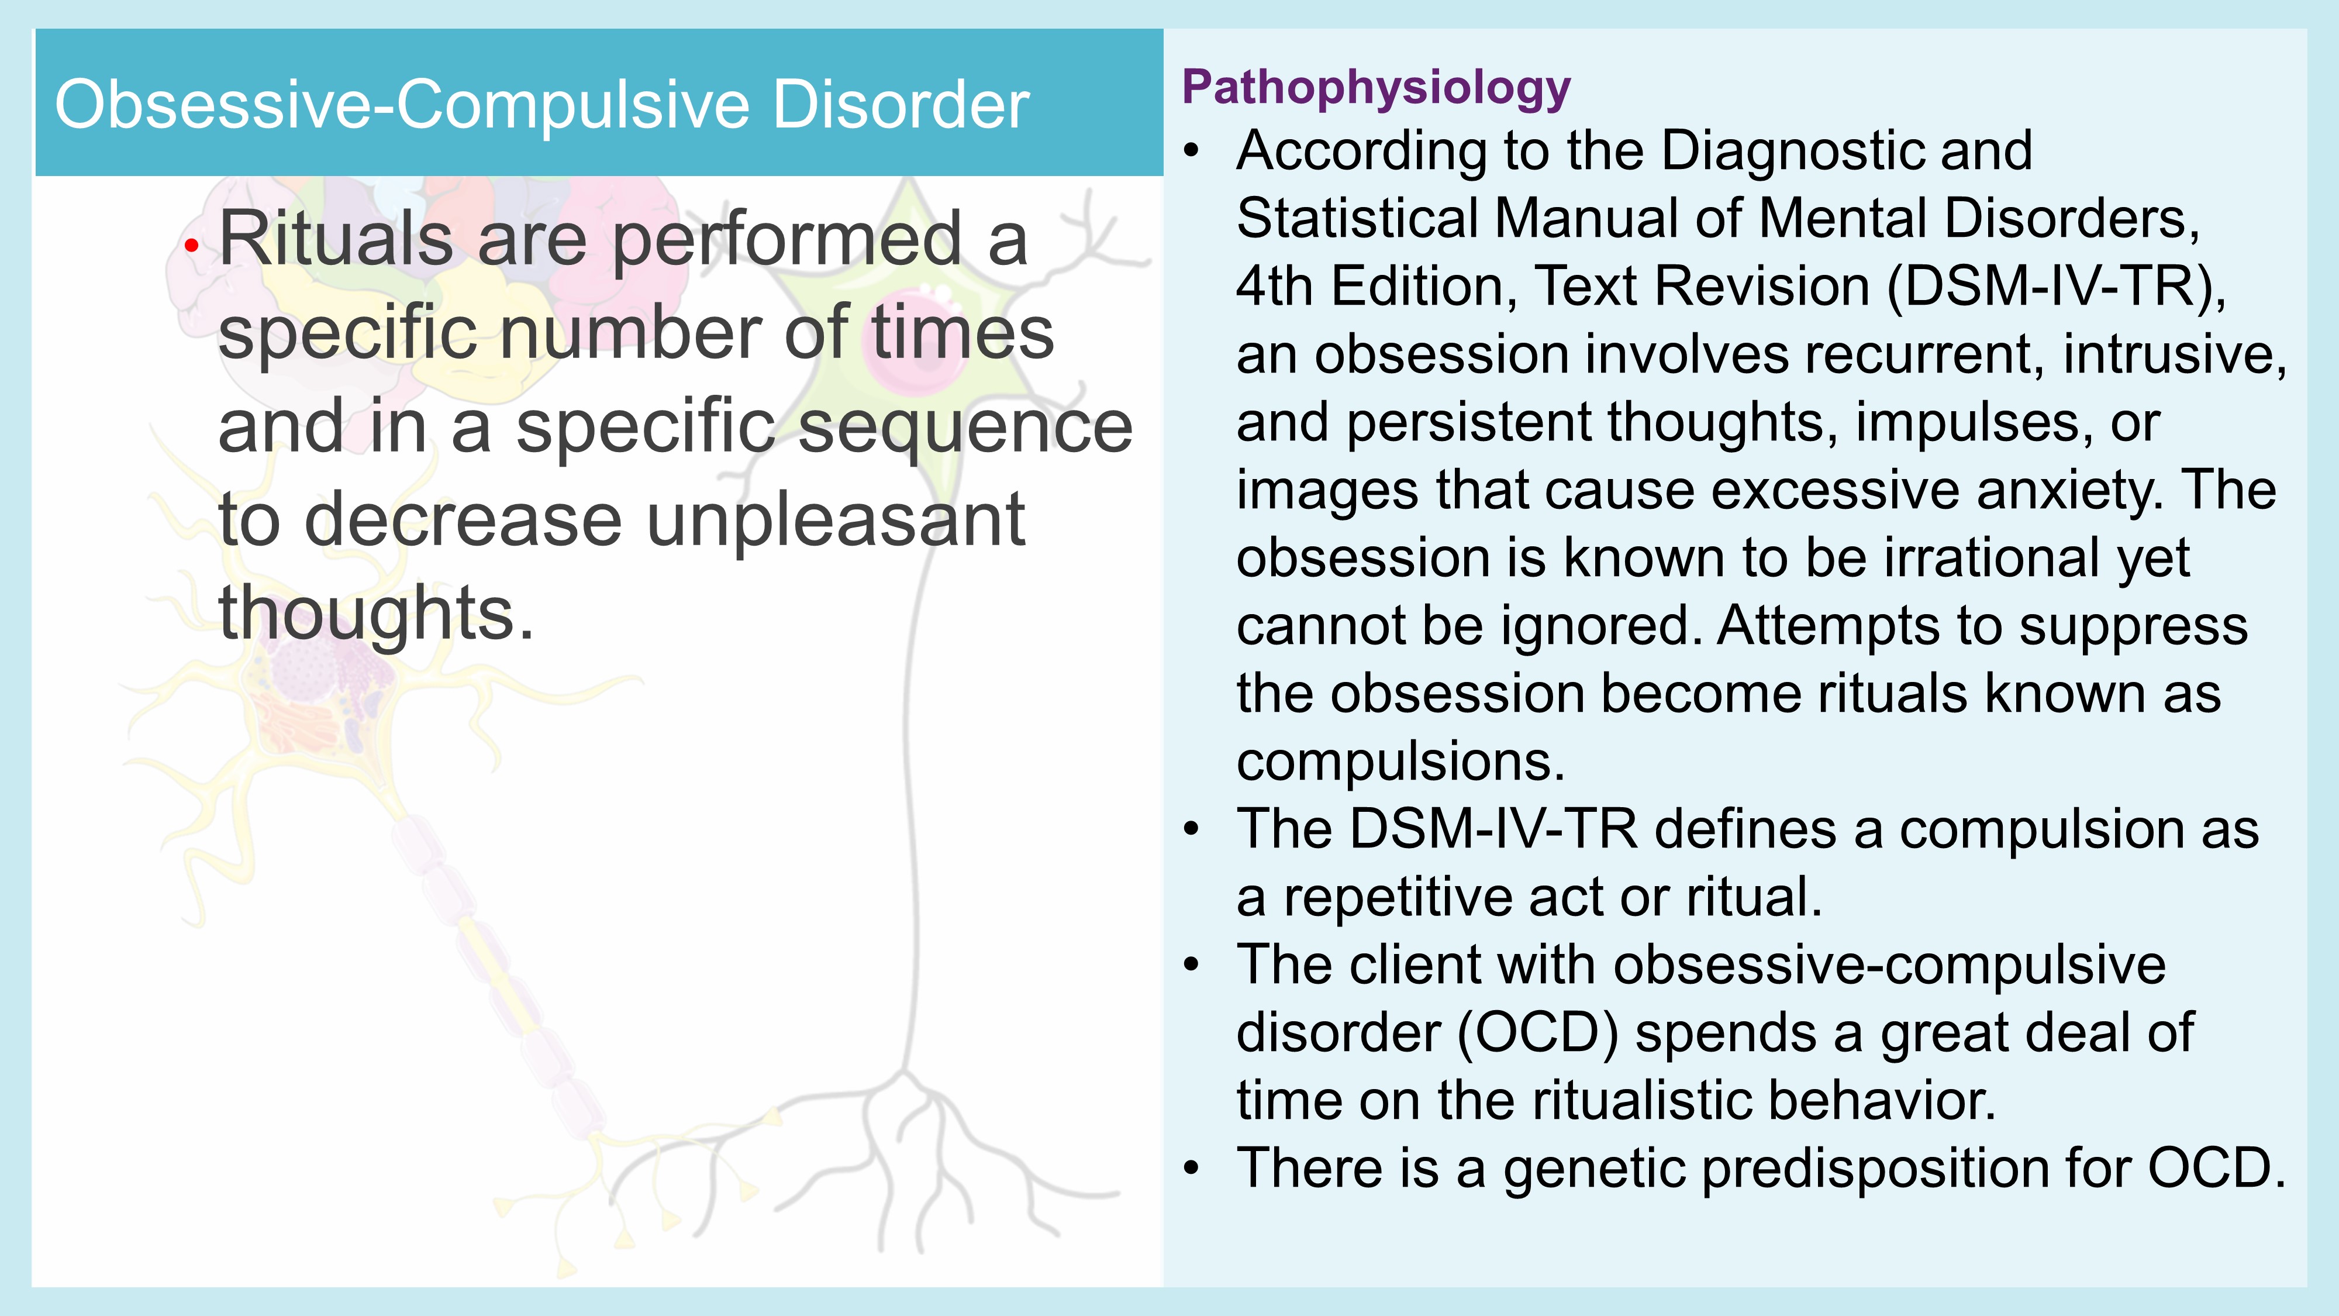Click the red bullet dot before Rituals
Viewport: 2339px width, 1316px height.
point(191,244)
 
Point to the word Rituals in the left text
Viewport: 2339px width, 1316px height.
point(336,238)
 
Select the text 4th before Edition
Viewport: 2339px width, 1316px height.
point(1276,287)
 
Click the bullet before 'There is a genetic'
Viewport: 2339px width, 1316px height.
point(1192,1169)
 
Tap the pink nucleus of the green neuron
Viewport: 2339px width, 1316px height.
point(908,340)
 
